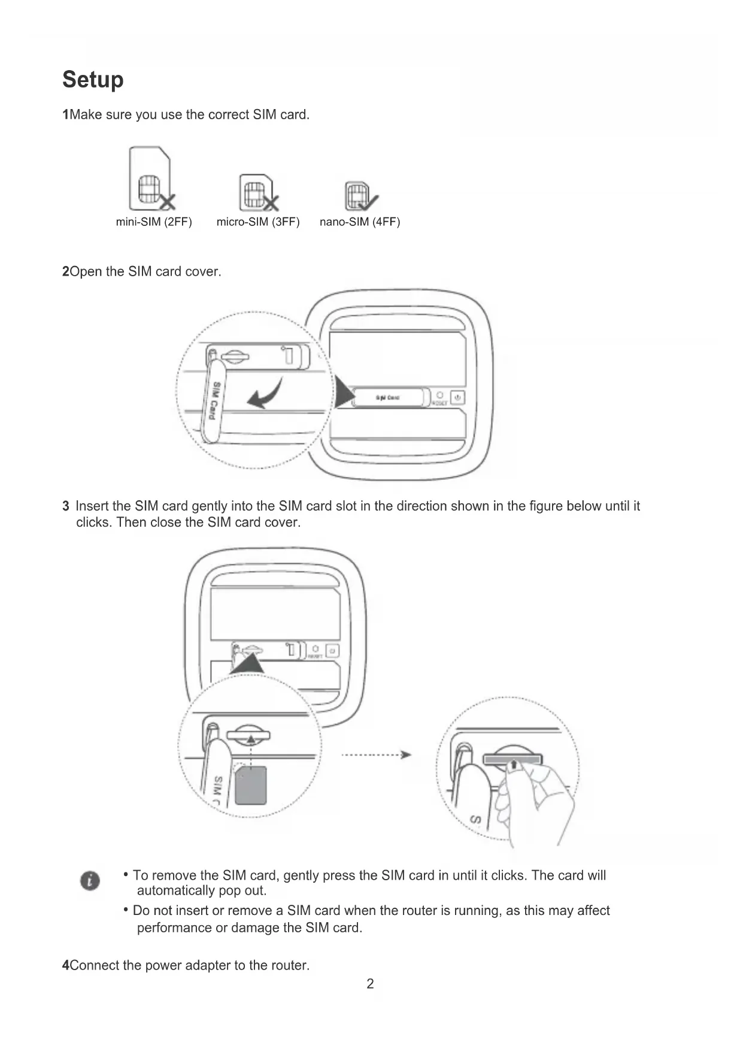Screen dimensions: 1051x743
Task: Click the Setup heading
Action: pos(93,80)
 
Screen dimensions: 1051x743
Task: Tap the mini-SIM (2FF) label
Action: pos(154,222)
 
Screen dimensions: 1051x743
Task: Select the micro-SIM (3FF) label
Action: pos(258,222)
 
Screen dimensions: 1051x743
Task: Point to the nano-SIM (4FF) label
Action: pos(360,222)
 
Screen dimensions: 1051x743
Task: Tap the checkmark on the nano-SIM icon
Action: pos(368,201)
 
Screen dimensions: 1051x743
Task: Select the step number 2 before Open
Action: pos(65,272)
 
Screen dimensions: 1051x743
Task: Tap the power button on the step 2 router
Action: pos(457,397)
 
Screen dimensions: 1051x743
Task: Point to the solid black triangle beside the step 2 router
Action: pos(344,394)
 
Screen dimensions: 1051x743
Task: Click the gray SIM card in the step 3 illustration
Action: pos(250,785)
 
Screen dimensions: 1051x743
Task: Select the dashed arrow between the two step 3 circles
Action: pos(376,754)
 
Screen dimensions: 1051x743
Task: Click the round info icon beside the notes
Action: pos(90,880)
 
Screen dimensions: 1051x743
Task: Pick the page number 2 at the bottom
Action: pos(370,984)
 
